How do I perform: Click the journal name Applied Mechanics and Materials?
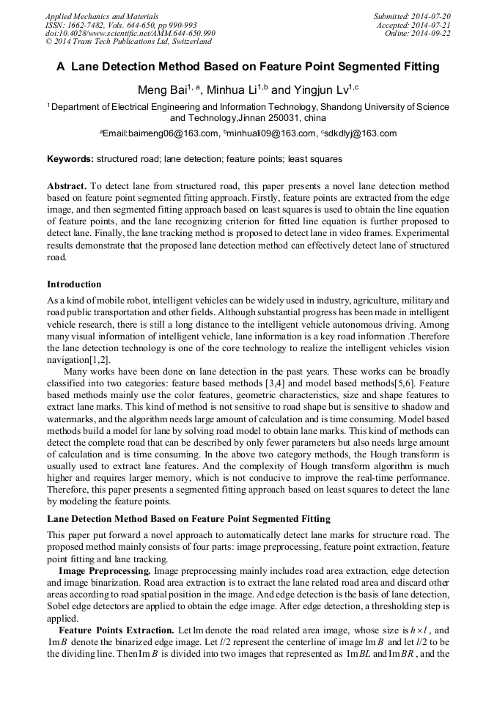pos(92,15)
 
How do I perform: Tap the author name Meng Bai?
pos(162,91)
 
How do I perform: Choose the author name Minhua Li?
pos(232,91)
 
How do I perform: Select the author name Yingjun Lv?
pos(320,91)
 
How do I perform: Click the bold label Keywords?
pos(70,158)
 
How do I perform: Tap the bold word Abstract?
pos(67,187)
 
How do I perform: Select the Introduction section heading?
pos(74,284)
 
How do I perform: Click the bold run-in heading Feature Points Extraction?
pos(116,630)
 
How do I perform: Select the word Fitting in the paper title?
pos(419,67)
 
